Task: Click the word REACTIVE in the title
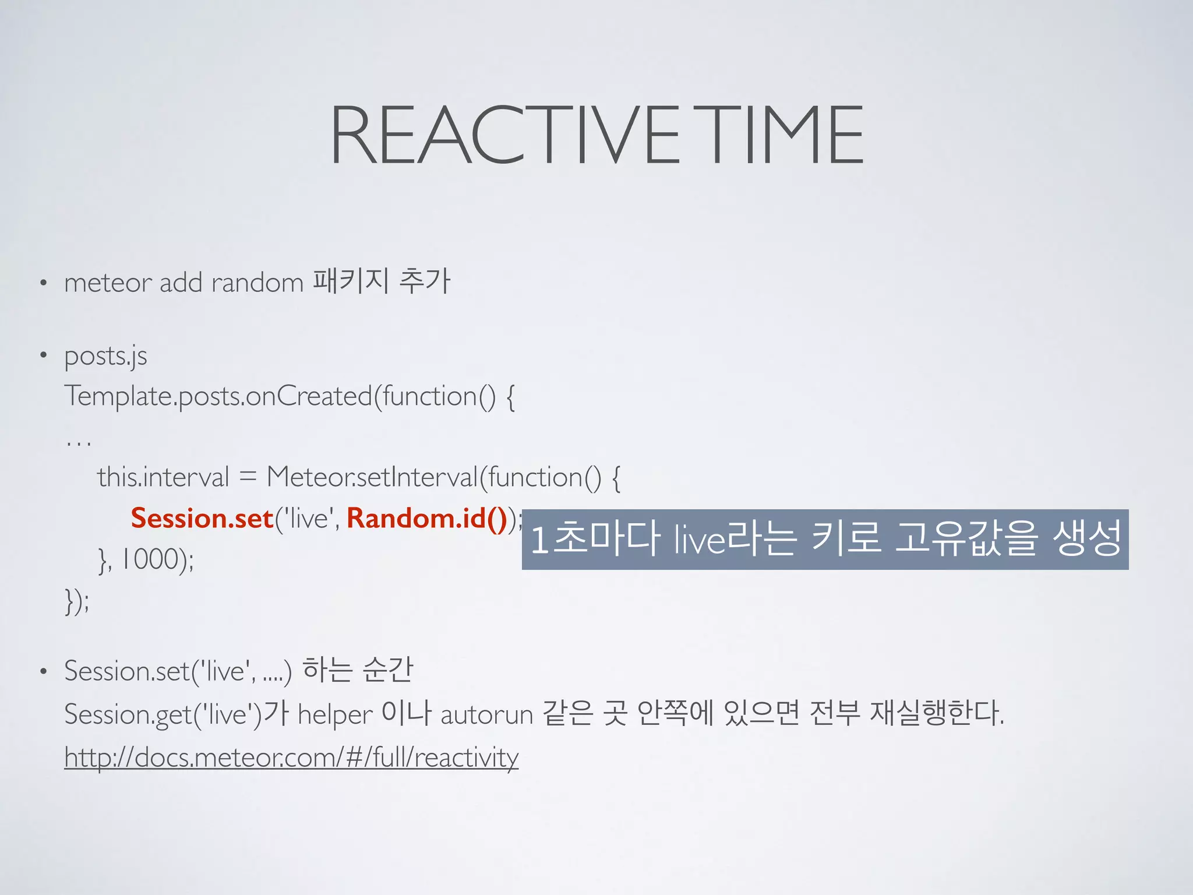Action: click(x=504, y=135)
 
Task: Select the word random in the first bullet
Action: click(x=257, y=283)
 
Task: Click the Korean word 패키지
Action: click(x=350, y=281)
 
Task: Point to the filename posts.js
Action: click(x=105, y=356)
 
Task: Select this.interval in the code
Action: click(x=163, y=477)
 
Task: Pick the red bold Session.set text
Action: click(x=202, y=518)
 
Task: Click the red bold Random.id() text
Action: click(x=427, y=518)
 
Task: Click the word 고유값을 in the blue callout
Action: click(x=966, y=538)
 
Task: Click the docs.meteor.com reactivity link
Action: click(x=291, y=757)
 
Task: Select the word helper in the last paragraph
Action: click(x=335, y=715)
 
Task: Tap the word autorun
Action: click(x=486, y=715)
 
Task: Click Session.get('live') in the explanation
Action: click(x=163, y=715)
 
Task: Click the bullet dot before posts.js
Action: click(x=43, y=355)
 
